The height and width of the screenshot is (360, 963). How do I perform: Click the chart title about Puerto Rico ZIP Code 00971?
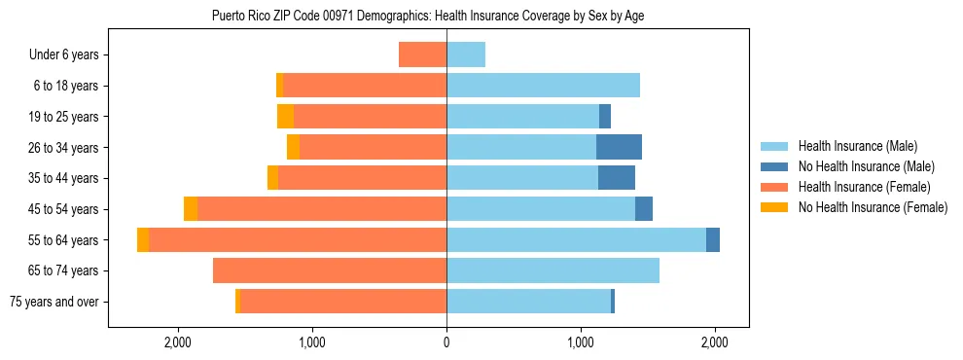click(x=428, y=16)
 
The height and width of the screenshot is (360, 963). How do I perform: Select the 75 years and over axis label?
click(x=53, y=302)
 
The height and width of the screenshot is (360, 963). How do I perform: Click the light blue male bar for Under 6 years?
click(x=466, y=54)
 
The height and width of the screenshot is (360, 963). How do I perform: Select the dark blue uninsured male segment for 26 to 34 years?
click(x=619, y=147)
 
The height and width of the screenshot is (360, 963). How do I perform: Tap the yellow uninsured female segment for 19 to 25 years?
click(x=285, y=117)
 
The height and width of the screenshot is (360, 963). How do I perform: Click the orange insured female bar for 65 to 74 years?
click(x=330, y=270)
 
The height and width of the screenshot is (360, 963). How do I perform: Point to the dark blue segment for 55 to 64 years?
click(x=713, y=239)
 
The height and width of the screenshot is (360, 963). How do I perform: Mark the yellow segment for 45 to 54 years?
click(x=191, y=209)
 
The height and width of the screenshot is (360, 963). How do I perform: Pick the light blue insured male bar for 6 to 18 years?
click(x=543, y=86)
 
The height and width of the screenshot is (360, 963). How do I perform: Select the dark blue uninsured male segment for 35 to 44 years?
click(x=617, y=178)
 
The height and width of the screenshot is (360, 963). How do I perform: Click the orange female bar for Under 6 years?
click(x=423, y=54)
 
